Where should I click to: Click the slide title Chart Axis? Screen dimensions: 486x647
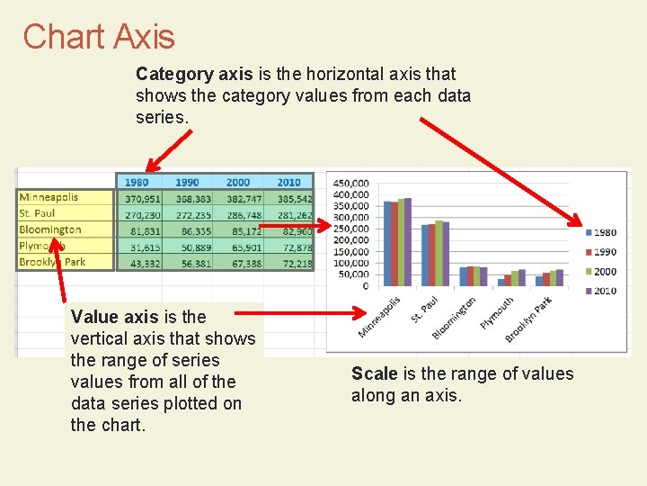[x=99, y=36]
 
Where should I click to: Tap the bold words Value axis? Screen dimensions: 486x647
[x=112, y=317]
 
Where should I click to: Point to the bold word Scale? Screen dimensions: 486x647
[x=374, y=373]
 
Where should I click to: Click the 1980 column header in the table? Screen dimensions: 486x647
[x=137, y=181]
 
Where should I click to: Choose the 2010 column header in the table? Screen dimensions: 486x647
[x=289, y=181]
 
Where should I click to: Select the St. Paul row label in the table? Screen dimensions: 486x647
[x=38, y=213]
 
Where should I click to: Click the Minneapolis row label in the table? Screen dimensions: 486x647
[x=49, y=197]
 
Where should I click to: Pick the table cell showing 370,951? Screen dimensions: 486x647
[x=143, y=198]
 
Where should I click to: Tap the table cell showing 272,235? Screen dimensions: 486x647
[x=193, y=214]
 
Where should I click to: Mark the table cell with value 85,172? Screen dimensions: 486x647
[x=244, y=230]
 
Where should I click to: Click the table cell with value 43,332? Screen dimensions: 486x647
[x=143, y=263]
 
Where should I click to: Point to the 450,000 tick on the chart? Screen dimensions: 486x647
[x=350, y=184]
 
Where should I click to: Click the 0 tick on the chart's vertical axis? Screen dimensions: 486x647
[x=365, y=285]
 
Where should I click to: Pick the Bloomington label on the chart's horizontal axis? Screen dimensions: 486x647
[x=456, y=319]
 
